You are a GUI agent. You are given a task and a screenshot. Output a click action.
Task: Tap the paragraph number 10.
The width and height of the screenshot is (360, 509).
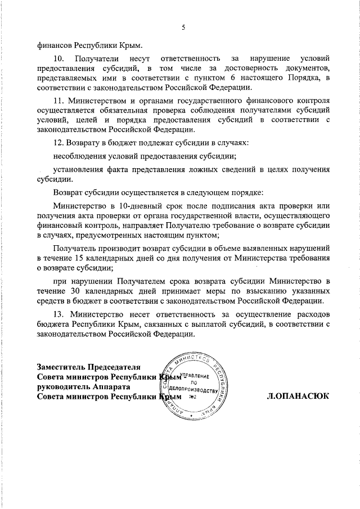pyautogui.click(x=58, y=58)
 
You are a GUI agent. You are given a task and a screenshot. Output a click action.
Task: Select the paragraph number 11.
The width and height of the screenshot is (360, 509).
pyautogui.click(x=57, y=101)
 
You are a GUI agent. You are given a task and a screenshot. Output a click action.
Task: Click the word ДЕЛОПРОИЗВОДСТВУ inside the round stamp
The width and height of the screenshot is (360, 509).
pyautogui.click(x=193, y=389)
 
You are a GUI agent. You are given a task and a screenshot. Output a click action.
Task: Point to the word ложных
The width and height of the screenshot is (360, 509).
pyautogui.click(x=195, y=169)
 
